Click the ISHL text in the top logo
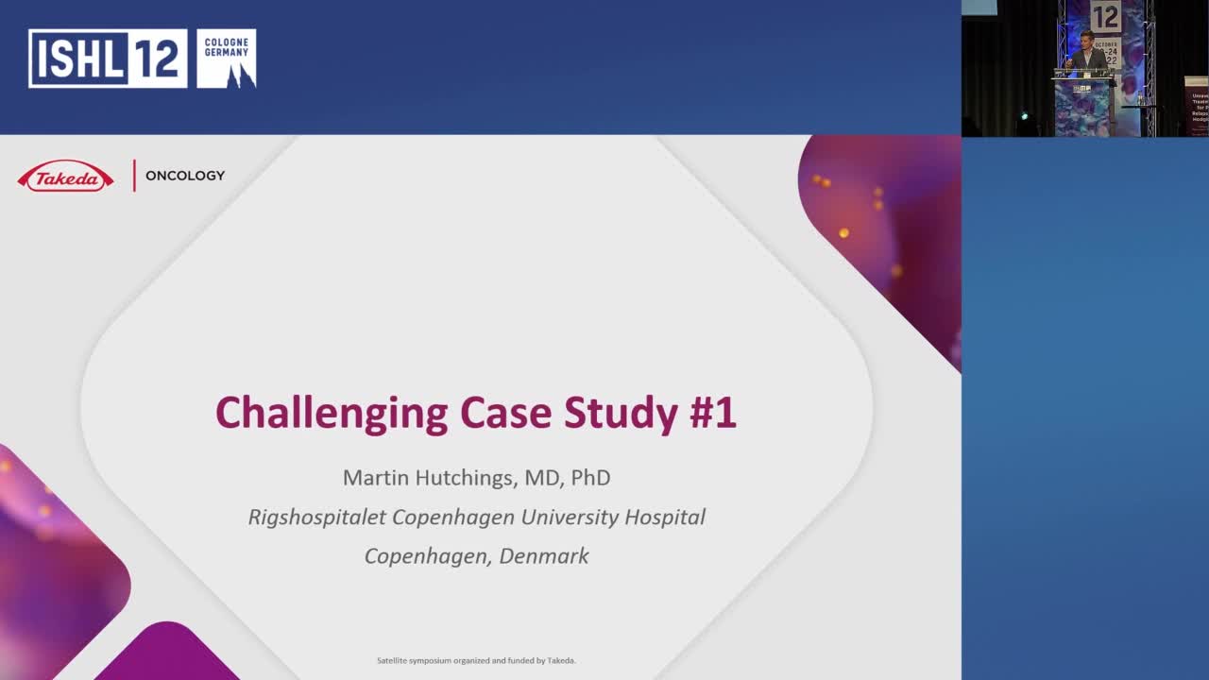77,59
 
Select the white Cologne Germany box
226,59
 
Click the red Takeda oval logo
65,177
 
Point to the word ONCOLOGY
185,176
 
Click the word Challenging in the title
332,414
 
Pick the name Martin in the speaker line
376,478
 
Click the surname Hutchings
468,478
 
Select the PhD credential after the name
590,478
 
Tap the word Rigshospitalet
316,518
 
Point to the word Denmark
544,556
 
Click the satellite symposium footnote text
476,660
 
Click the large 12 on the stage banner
1105,17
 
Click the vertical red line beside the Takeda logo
134,176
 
